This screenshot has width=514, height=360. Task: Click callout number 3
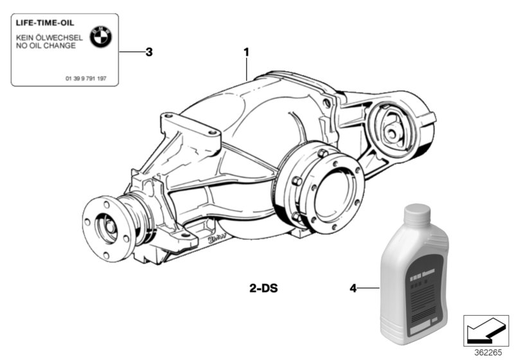click(148, 52)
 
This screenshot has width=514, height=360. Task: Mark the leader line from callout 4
click(368, 289)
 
